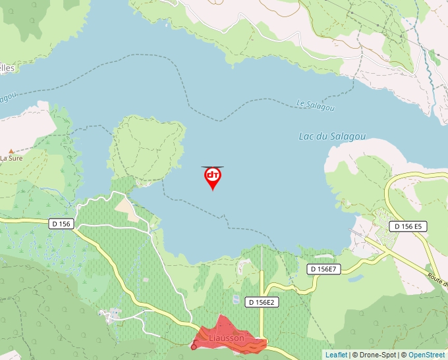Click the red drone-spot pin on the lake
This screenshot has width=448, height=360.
[213, 177]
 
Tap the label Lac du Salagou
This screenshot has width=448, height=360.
[332, 137]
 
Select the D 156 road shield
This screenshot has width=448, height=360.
[61, 224]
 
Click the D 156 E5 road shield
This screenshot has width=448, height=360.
[408, 226]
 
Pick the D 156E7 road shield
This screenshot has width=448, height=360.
[324, 269]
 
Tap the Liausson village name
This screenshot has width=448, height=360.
[226, 338]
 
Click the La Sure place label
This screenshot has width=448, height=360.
[11, 158]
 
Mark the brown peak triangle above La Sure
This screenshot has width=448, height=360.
[11, 151]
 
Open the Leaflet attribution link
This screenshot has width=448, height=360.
[336, 355]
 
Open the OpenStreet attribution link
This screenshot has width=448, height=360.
[426, 355]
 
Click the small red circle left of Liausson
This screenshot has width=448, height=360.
[194, 347]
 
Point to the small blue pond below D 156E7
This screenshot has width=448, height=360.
[356, 278]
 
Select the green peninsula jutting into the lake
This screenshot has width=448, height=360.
[146, 148]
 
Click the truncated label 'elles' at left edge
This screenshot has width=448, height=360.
[7, 68]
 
